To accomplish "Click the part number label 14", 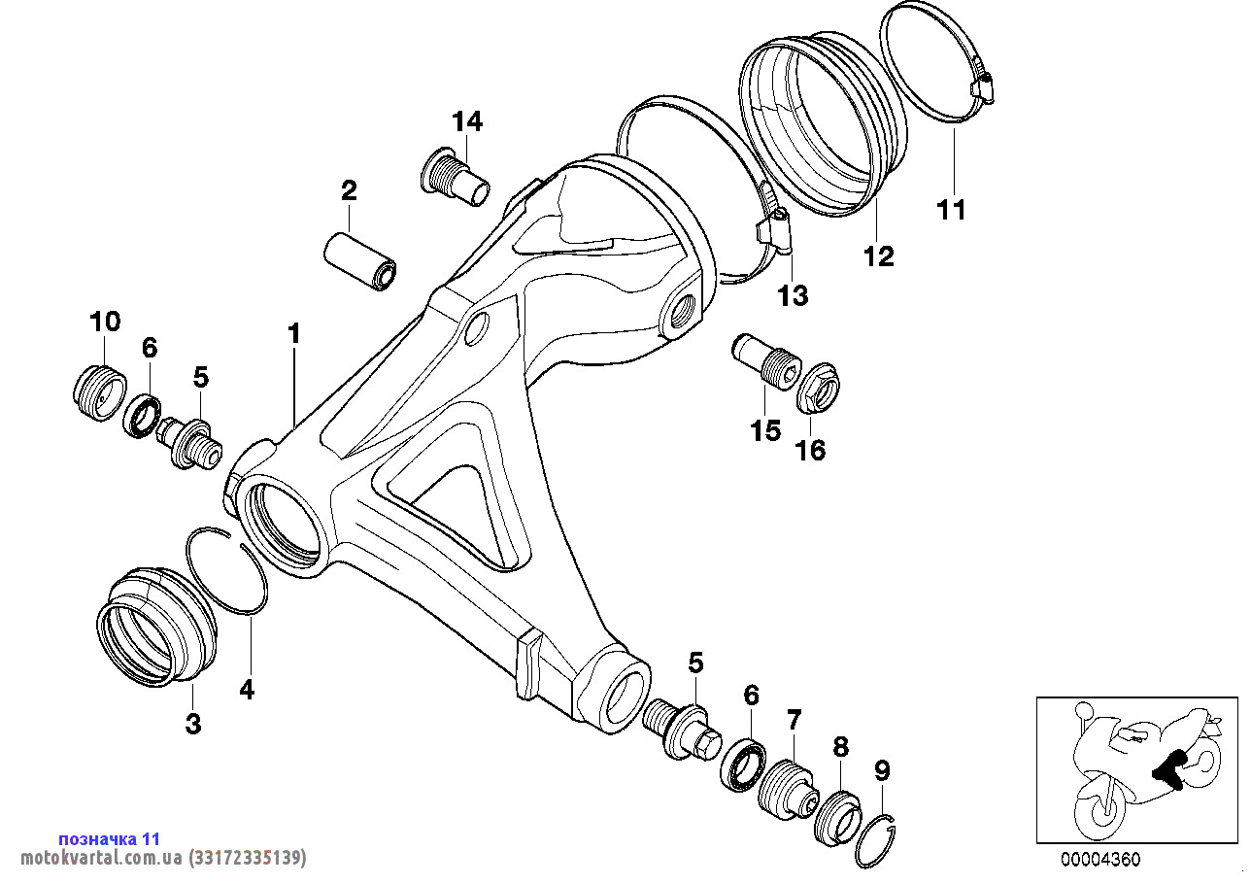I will [466, 121].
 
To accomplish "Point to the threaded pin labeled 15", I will [766, 361].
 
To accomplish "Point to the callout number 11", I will [952, 209].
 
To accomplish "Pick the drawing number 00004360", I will [1099, 860].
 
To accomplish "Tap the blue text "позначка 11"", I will [110, 838].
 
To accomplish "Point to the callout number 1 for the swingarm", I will [293, 334].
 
